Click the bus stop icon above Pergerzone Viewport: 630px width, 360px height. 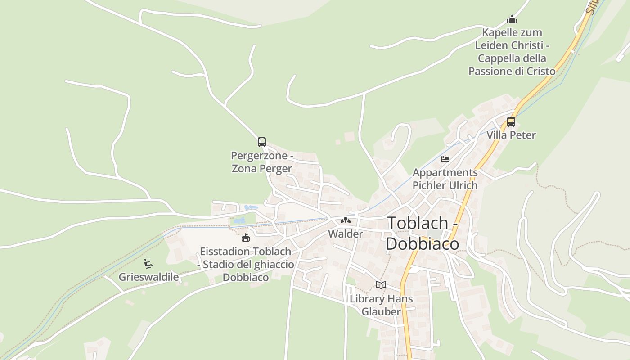click(x=262, y=142)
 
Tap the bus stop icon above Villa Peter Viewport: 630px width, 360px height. click(x=511, y=121)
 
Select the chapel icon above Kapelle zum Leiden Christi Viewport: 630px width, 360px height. click(x=512, y=20)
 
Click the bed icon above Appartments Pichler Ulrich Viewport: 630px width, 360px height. click(x=445, y=159)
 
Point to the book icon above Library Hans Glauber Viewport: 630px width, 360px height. click(x=381, y=285)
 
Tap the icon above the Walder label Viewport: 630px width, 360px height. click(x=345, y=220)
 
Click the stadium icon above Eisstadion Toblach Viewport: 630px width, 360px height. click(x=245, y=238)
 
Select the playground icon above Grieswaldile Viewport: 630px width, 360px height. click(x=148, y=263)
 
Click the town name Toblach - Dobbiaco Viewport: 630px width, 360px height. click(x=423, y=233)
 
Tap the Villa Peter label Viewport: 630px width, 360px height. click(x=511, y=135)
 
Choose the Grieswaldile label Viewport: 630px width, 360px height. click(x=148, y=277)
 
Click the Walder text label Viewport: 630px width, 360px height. click(x=345, y=234)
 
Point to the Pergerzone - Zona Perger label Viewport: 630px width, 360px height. click(x=262, y=162)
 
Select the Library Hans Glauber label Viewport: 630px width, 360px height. click(x=381, y=305)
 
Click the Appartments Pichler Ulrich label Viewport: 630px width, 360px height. click(x=445, y=179)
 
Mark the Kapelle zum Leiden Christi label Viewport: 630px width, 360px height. click(x=512, y=52)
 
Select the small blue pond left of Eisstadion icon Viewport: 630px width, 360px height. click(x=239, y=221)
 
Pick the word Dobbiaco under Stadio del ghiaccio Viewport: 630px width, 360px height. click(x=246, y=277)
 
